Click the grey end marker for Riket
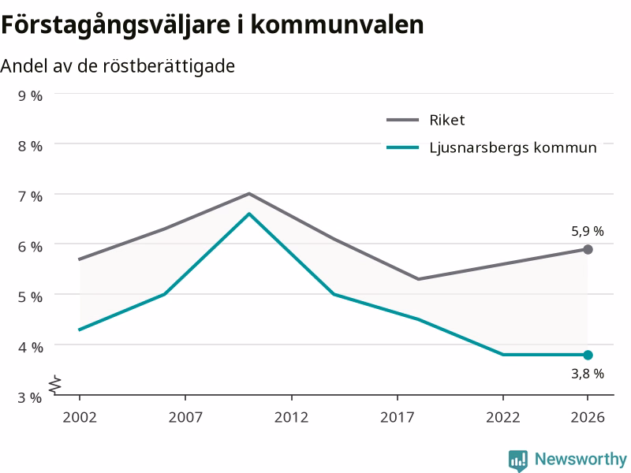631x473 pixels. (588, 250)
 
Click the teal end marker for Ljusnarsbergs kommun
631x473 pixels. (588, 356)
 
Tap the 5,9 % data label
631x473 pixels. (588, 231)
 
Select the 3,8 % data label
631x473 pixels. (588, 374)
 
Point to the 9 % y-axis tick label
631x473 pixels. (30, 95)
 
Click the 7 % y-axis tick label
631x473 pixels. (30, 196)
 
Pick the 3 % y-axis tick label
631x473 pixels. (30, 397)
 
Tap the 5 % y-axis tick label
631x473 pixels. (30, 297)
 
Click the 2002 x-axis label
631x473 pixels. (80, 417)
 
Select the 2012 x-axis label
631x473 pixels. (291, 417)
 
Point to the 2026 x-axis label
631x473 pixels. (588, 417)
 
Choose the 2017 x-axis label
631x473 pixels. (398, 417)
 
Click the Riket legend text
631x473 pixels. (447, 121)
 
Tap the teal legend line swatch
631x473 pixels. (402, 147)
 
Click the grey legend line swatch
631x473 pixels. (402, 120)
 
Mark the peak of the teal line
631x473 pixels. (249, 214)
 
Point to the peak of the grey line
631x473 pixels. (249, 194)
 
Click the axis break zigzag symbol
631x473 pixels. (55, 384)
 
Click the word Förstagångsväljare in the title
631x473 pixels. (115, 25)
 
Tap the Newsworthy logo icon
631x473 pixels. (518, 460)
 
